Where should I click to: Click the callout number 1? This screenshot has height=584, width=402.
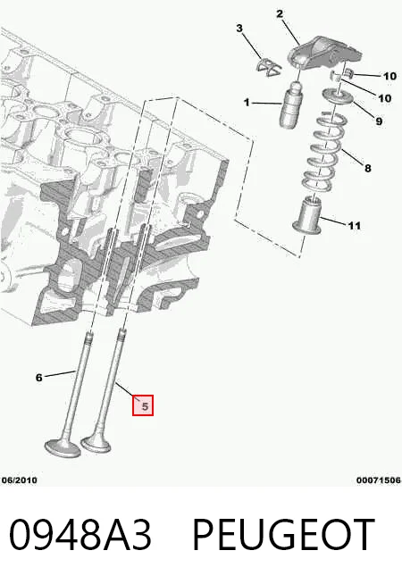(x=247, y=102)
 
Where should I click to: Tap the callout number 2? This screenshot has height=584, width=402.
(x=280, y=14)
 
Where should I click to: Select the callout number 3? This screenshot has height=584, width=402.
(x=239, y=28)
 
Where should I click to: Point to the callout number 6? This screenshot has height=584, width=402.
(x=39, y=378)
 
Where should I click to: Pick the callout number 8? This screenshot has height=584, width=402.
(x=368, y=169)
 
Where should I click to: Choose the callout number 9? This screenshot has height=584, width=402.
(x=379, y=121)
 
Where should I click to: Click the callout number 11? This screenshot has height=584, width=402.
(x=355, y=226)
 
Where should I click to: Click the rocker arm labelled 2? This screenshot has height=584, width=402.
(x=323, y=54)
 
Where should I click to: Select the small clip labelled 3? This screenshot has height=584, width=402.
(x=268, y=67)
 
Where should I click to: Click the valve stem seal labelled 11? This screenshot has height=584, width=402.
(x=307, y=215)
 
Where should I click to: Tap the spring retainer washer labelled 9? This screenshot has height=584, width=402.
(x=337, y=96)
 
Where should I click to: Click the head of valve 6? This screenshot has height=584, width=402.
(x=63, y=447)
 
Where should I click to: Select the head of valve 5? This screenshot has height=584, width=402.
(x=96, y=444)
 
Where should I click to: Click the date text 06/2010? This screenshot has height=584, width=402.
(x=20, y=480)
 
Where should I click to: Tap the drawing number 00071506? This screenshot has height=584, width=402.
(x=379, y=480)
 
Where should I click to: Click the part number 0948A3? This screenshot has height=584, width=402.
(x=80, y=535)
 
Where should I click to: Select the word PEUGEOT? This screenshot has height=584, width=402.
(x=283, y=535)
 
